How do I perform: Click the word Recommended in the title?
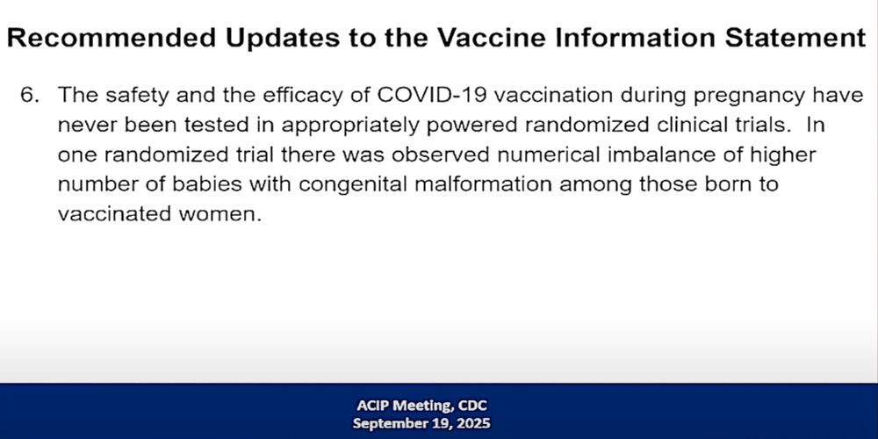112,38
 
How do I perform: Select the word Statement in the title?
795,38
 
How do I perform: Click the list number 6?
30,95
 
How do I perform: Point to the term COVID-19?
432,95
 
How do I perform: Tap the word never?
88,126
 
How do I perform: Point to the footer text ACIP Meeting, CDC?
421,406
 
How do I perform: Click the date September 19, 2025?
421,423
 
